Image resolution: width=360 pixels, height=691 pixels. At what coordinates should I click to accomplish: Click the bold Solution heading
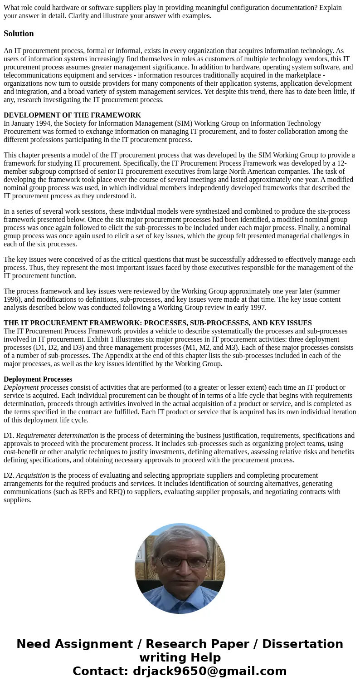[x=19, y=34]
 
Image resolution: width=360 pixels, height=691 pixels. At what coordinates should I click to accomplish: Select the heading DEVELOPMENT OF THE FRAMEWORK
[x=72, y=115]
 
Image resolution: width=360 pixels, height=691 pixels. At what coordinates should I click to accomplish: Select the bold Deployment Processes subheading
[x=38, y=379]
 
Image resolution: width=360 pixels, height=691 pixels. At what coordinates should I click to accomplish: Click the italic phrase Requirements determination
[x=57, y=436]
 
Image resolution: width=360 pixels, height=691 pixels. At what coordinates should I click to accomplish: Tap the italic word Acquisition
[x=33, y=475]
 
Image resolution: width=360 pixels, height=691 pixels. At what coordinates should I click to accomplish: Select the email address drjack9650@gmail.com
[x=209, y=671]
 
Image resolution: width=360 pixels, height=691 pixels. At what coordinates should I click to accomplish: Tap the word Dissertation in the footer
[x=302, y=644]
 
